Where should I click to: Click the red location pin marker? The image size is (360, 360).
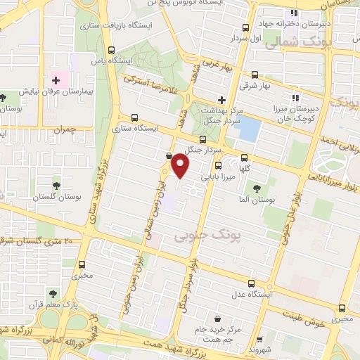pyautogui.click(x=181, y=166)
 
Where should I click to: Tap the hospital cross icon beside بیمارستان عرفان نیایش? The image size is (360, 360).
pyautogui.click(x=56, y=81)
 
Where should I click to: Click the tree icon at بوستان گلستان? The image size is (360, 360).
pyautogui.click(x=56, y=185)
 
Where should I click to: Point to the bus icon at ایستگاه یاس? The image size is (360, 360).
pyautogui.click(x=112, y=50)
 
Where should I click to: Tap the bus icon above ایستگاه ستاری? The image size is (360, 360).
pyautogui.click(x=134, y=118)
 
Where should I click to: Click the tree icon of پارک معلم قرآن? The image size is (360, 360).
pyautogui.click(x=50, y=292)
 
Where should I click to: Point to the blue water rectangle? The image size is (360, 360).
pyautogui.click(x=250, y=129)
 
